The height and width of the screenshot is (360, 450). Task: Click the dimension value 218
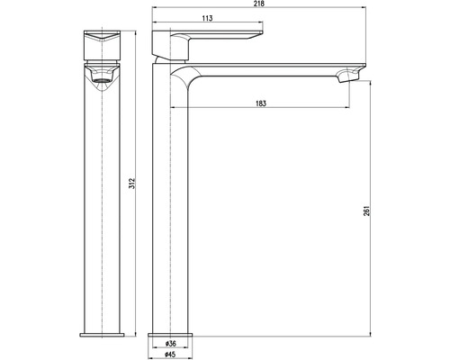[x=260, y=4]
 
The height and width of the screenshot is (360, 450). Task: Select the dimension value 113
[x=207, y=18]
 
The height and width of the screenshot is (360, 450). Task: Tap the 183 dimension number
[x=261, y=103]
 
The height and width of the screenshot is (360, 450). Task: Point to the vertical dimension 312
[x=132, y=184]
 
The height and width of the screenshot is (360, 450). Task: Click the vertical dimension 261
[x=368, y=211]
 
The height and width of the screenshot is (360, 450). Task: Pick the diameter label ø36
[x=170, y=343]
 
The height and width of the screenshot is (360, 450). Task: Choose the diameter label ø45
[x=170, y=355]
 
